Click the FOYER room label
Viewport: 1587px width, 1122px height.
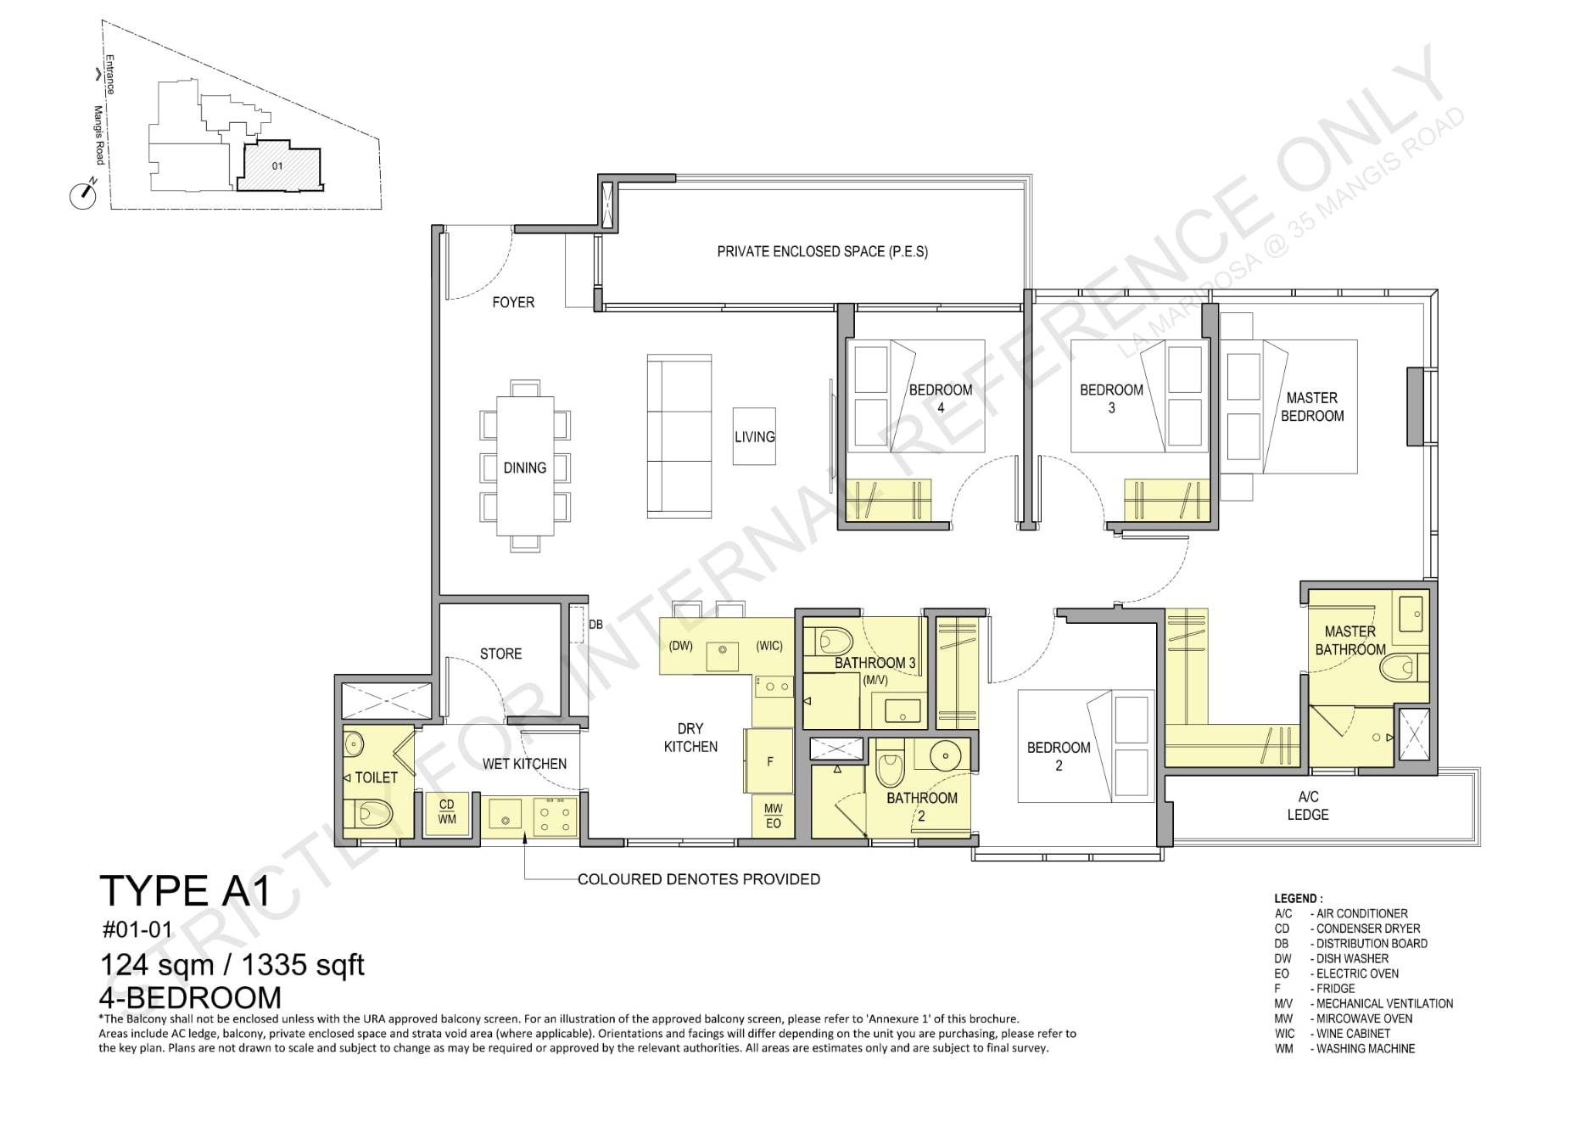click(513, 302)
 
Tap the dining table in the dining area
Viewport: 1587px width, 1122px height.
click(525, 466)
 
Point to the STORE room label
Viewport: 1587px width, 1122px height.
click(500, 654)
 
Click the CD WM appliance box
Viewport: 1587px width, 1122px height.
click(447, 811)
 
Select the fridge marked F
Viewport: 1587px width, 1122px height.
click(769, 761)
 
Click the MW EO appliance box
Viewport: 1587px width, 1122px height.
click(773, 816)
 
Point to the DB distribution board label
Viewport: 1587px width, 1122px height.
click(595, 625)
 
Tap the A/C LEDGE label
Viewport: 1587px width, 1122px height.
click(1308, 805)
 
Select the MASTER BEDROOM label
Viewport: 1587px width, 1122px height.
click(1312, 407)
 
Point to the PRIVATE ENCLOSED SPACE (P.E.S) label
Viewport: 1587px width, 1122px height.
click(822, 251)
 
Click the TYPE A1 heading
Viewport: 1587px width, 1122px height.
click(185, 891)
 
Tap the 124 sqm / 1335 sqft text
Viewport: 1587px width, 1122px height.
click(232, 965)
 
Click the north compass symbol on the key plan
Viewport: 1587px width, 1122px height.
click(83, 194)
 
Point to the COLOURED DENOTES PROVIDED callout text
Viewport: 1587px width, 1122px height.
click(699, 879)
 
